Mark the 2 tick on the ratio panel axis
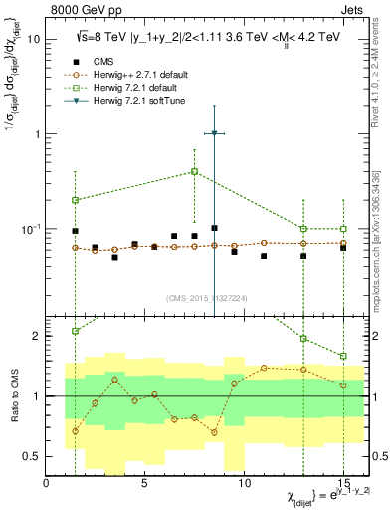[x=37, y=336]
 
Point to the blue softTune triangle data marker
[x=214, y=133]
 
